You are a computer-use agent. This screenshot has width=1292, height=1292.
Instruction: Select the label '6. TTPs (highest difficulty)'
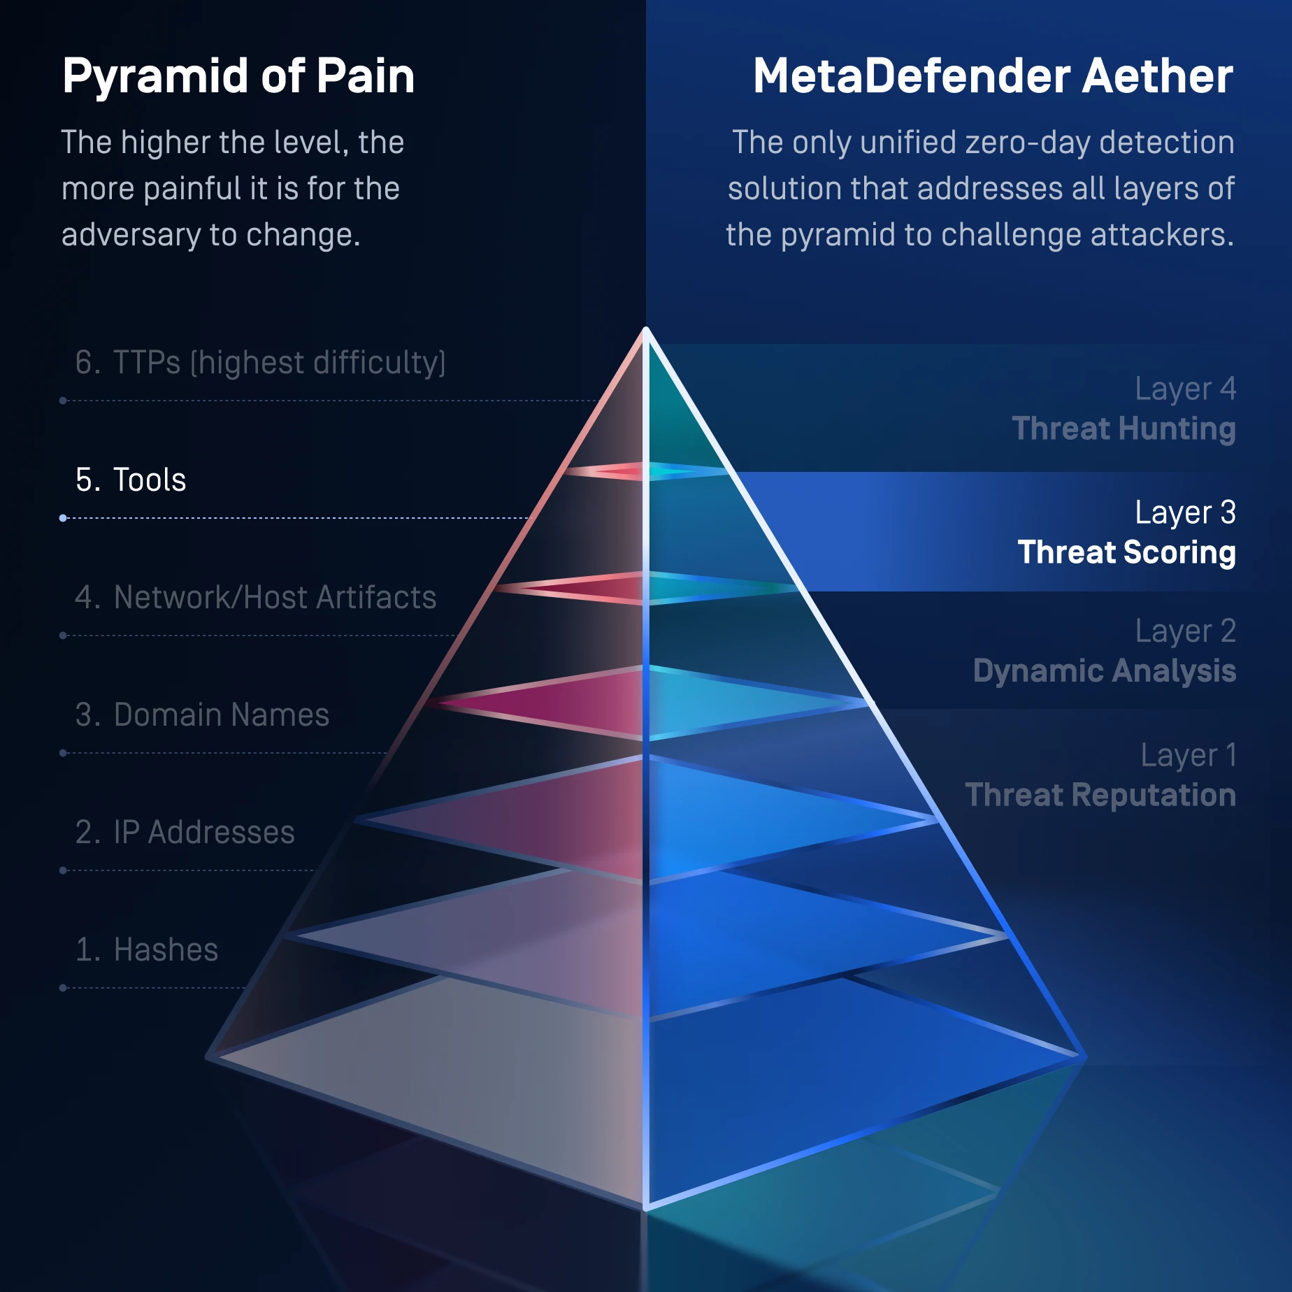[260, 363]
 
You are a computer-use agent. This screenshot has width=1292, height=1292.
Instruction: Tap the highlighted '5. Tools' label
[131, 480]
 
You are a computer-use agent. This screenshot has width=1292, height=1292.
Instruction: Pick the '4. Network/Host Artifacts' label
[255, 598]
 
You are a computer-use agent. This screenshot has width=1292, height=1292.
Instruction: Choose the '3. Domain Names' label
[202, 715]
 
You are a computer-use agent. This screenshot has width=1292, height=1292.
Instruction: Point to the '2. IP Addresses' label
[185, 833]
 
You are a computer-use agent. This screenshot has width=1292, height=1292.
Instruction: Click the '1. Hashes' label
[147, 950]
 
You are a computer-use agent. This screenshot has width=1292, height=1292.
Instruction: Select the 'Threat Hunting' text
[1124, 429]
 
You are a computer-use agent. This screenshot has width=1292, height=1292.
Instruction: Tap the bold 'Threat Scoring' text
[1126, 552]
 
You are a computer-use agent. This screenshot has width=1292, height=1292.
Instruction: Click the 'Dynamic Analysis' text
[1105, 670]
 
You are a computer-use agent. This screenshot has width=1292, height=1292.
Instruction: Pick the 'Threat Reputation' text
[1100, 795]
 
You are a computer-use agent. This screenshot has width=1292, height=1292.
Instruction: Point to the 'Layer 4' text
[1185, 389]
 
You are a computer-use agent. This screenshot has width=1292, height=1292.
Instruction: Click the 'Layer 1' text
[1189, 756]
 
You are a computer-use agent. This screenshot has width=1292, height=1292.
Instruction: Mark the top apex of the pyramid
[646, 330]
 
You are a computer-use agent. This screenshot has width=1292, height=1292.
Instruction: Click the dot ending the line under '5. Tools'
[63, 518]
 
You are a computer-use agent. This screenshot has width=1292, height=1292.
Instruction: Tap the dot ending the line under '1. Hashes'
[63, 988]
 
